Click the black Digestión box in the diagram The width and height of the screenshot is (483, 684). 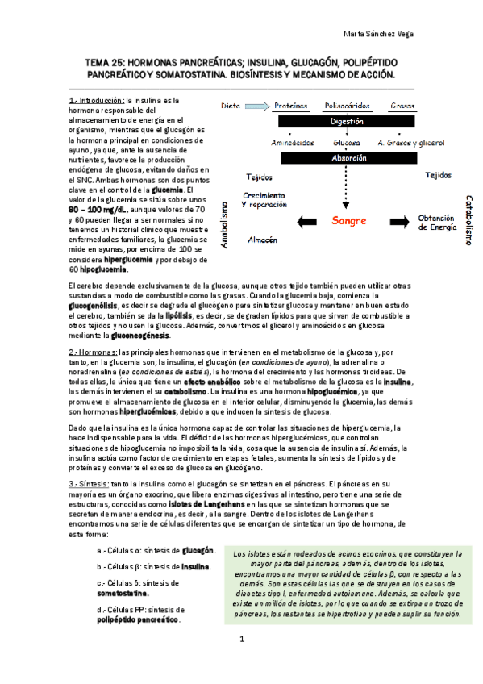click(347, 121)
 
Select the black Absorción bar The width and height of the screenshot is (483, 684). click(347, 159)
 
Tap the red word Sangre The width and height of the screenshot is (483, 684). click(349, 220)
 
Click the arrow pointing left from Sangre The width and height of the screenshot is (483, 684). click(306, 221)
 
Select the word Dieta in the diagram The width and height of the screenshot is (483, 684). click(231, 106)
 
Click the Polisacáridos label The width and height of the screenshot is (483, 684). click(347, 106)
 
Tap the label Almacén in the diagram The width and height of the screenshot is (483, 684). click(263, 240)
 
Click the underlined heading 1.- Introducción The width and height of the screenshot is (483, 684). click(97, 100)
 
